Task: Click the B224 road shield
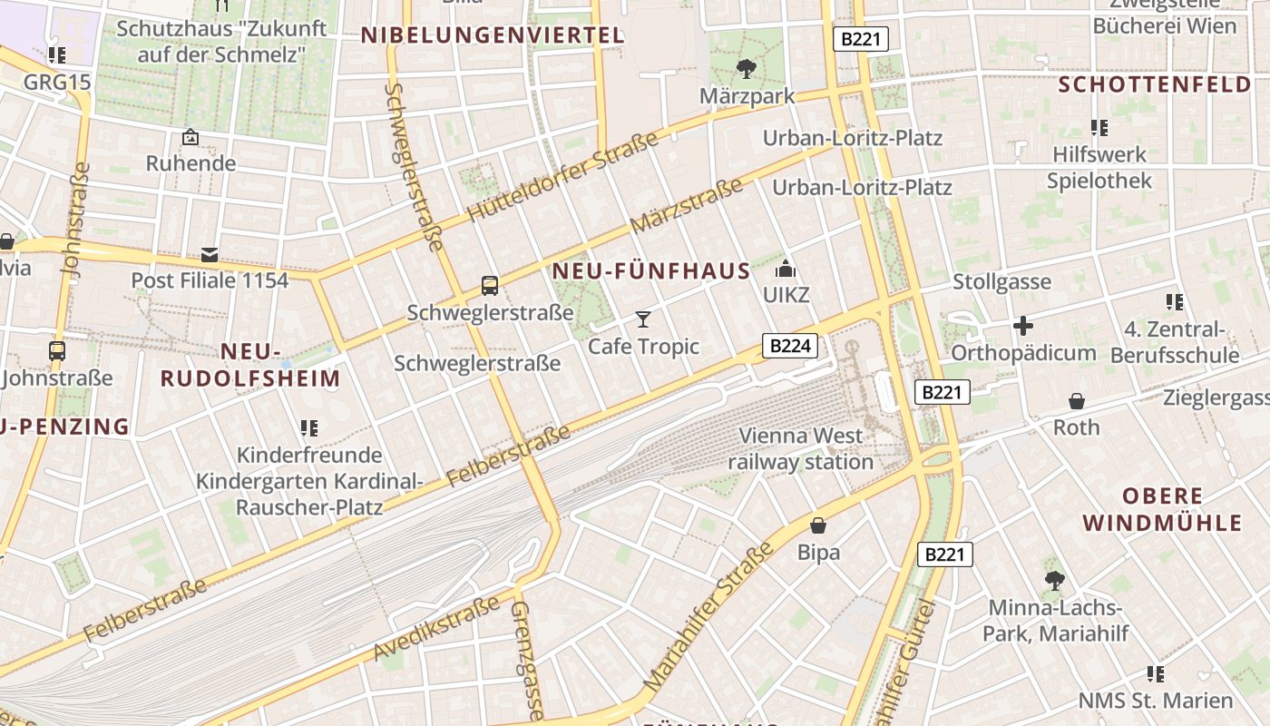click(x=790, y=345)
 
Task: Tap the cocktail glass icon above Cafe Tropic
click(x=643, y=319)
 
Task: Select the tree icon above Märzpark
click(x=747, y=68)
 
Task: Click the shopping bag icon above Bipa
click(x=818, y=525)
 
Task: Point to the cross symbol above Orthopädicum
click(x=1023, y=326)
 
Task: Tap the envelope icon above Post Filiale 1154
click(x=210, y=255)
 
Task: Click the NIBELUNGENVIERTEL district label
click(x=493, y=35)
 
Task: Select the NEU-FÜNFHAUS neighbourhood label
click(x=651, y=270)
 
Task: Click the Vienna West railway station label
click(x=800, y=448)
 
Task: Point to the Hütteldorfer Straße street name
click(x=562, y=178)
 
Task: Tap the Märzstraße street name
click(x=686, y=206)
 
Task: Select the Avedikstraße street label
click(x=436, y=628)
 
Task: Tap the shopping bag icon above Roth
click(x=1077, y=400)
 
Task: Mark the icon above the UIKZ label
click(x=786, y=270)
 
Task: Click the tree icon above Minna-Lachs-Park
click(x=1054, y=580)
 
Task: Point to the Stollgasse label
click(x=1001, y=282)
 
